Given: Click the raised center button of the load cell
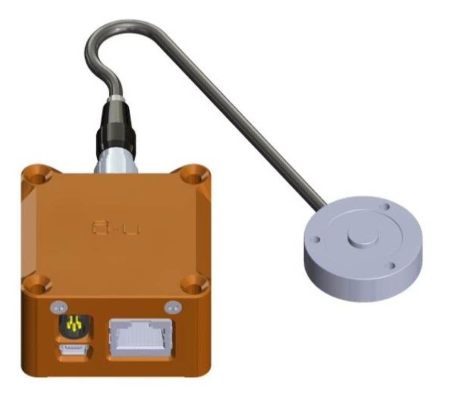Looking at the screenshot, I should point(362,237).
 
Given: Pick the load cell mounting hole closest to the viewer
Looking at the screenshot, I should point(389,266).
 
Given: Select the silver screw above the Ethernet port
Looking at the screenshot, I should point(170,306).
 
